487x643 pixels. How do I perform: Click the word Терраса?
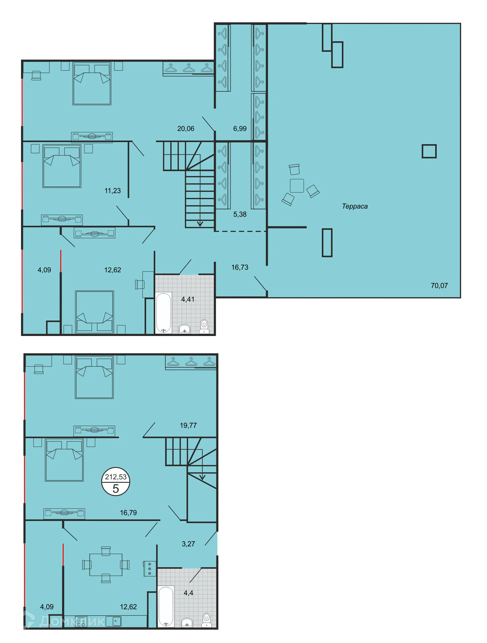355,206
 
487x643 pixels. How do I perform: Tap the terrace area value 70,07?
439,286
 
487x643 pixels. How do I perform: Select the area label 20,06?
186,128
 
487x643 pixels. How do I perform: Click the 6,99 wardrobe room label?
240,128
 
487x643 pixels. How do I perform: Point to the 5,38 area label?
240,214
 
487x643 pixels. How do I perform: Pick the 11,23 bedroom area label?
112,191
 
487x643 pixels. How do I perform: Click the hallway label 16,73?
240,267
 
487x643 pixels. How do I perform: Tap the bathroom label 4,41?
188,299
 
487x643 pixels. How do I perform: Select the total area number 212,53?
116,477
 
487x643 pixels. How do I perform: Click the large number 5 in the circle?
116,489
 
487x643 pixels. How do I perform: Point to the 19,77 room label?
188,425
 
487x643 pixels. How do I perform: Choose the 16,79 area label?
128,513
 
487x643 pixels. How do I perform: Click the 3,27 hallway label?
188,544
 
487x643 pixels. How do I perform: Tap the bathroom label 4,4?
188,593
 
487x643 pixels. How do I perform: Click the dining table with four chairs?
106,565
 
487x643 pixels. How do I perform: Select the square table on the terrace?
297,186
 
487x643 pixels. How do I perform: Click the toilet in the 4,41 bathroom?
204,326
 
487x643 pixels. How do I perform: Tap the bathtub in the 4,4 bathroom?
166,606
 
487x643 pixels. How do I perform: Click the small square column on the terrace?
429,151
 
